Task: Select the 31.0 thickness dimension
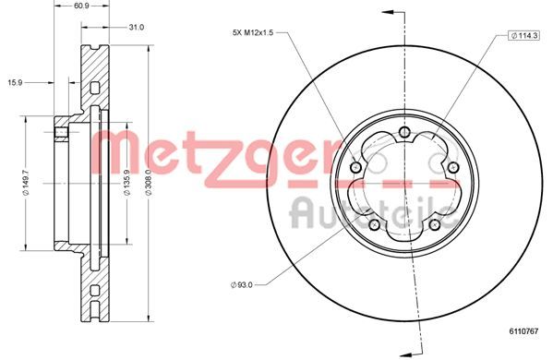tap(137, 27)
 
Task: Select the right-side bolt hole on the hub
tap(453, 167)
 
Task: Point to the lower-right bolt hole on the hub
tap(435, 224)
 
